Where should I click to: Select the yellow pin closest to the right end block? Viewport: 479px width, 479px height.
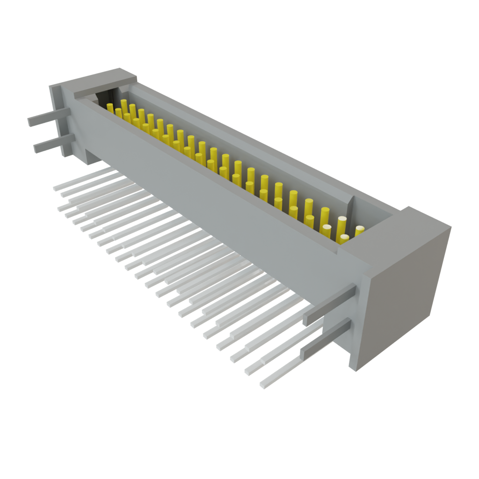coord(359,232)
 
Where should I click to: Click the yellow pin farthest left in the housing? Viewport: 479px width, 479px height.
coord(110,109)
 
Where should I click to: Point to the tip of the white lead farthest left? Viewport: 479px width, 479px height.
coord(56,188)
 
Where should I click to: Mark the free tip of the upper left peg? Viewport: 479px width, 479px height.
coord(30,123)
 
